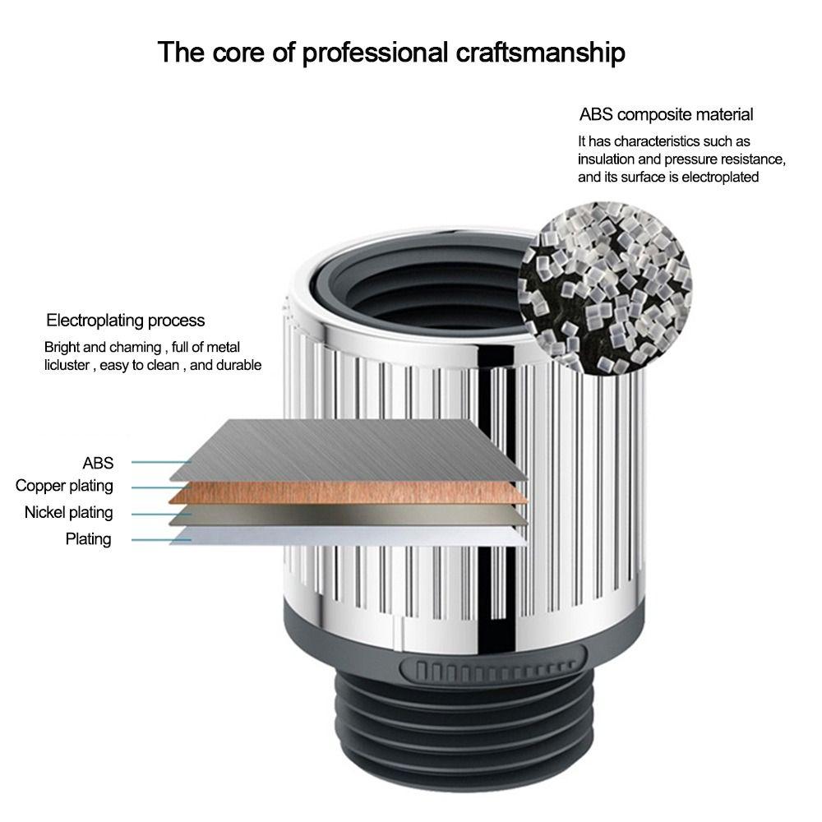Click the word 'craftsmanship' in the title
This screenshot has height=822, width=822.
[x=540, y=53]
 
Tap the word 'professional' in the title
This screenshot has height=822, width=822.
[x=376, y=53]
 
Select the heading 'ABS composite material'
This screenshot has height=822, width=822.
[x=666, y=114]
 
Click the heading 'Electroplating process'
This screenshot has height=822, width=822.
[x=125, y=321]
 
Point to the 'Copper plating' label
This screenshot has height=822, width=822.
[x=64, y=486]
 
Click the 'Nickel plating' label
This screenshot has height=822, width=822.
[x=69, y=513]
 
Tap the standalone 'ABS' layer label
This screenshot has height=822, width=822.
[x=98, y=463]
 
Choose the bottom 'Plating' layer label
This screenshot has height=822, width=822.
[x=88, y=539]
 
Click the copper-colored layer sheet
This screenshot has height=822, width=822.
[x=349, y=492]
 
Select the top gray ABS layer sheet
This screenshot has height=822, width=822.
[x=349, y=450]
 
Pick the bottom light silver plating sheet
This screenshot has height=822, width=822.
[x=349, y=536]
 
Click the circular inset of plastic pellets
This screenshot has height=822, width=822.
[x=604, y=289]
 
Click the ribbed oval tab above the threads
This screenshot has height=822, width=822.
[x=492, y=671]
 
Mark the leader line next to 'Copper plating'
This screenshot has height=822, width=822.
[x=160, y=487]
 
